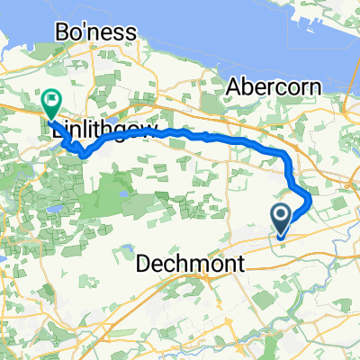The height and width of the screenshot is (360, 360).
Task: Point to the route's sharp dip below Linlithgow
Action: [x=84, y=154]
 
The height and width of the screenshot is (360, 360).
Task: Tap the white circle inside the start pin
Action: [x=281, y=214]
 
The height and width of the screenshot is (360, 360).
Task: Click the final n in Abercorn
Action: [x=309, y=87]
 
